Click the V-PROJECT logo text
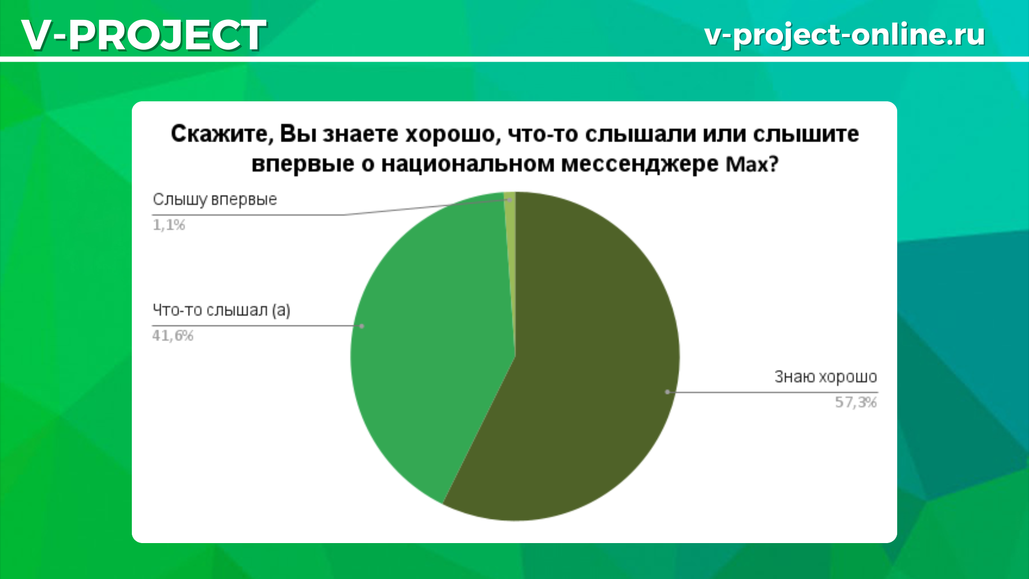(144, 35)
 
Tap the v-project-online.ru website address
(845, 34)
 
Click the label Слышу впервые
(215, 200)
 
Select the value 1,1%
(169, 225)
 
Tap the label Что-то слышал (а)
(221, 310)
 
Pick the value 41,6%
(173, 336)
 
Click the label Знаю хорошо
(826, 377)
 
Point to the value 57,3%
(856, 402)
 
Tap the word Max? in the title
(751, 164)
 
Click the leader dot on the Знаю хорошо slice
(667, 392)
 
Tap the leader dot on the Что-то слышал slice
(362, 326)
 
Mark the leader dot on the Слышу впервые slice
(510, 200)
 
